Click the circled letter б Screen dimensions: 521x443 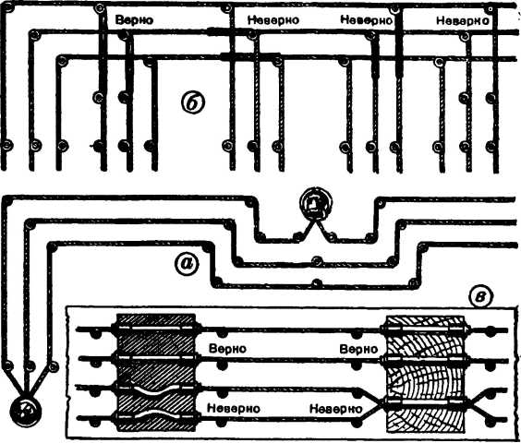193,102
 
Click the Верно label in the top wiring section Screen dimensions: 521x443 134,20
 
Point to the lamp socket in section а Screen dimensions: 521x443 312,202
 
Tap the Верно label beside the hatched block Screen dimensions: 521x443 227,349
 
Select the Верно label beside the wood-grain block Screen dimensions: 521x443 358,350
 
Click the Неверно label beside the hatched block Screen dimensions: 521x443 234,408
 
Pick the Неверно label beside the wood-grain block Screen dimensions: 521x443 335,409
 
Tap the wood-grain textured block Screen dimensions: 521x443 426,373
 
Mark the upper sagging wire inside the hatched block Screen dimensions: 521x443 156,389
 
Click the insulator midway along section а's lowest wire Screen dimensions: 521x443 316,283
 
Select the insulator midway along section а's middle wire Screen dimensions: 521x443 317,260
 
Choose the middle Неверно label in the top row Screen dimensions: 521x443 367,20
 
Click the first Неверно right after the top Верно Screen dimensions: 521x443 273,20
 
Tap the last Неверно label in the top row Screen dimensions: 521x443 462,21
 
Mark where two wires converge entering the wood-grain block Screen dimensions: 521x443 380,404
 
